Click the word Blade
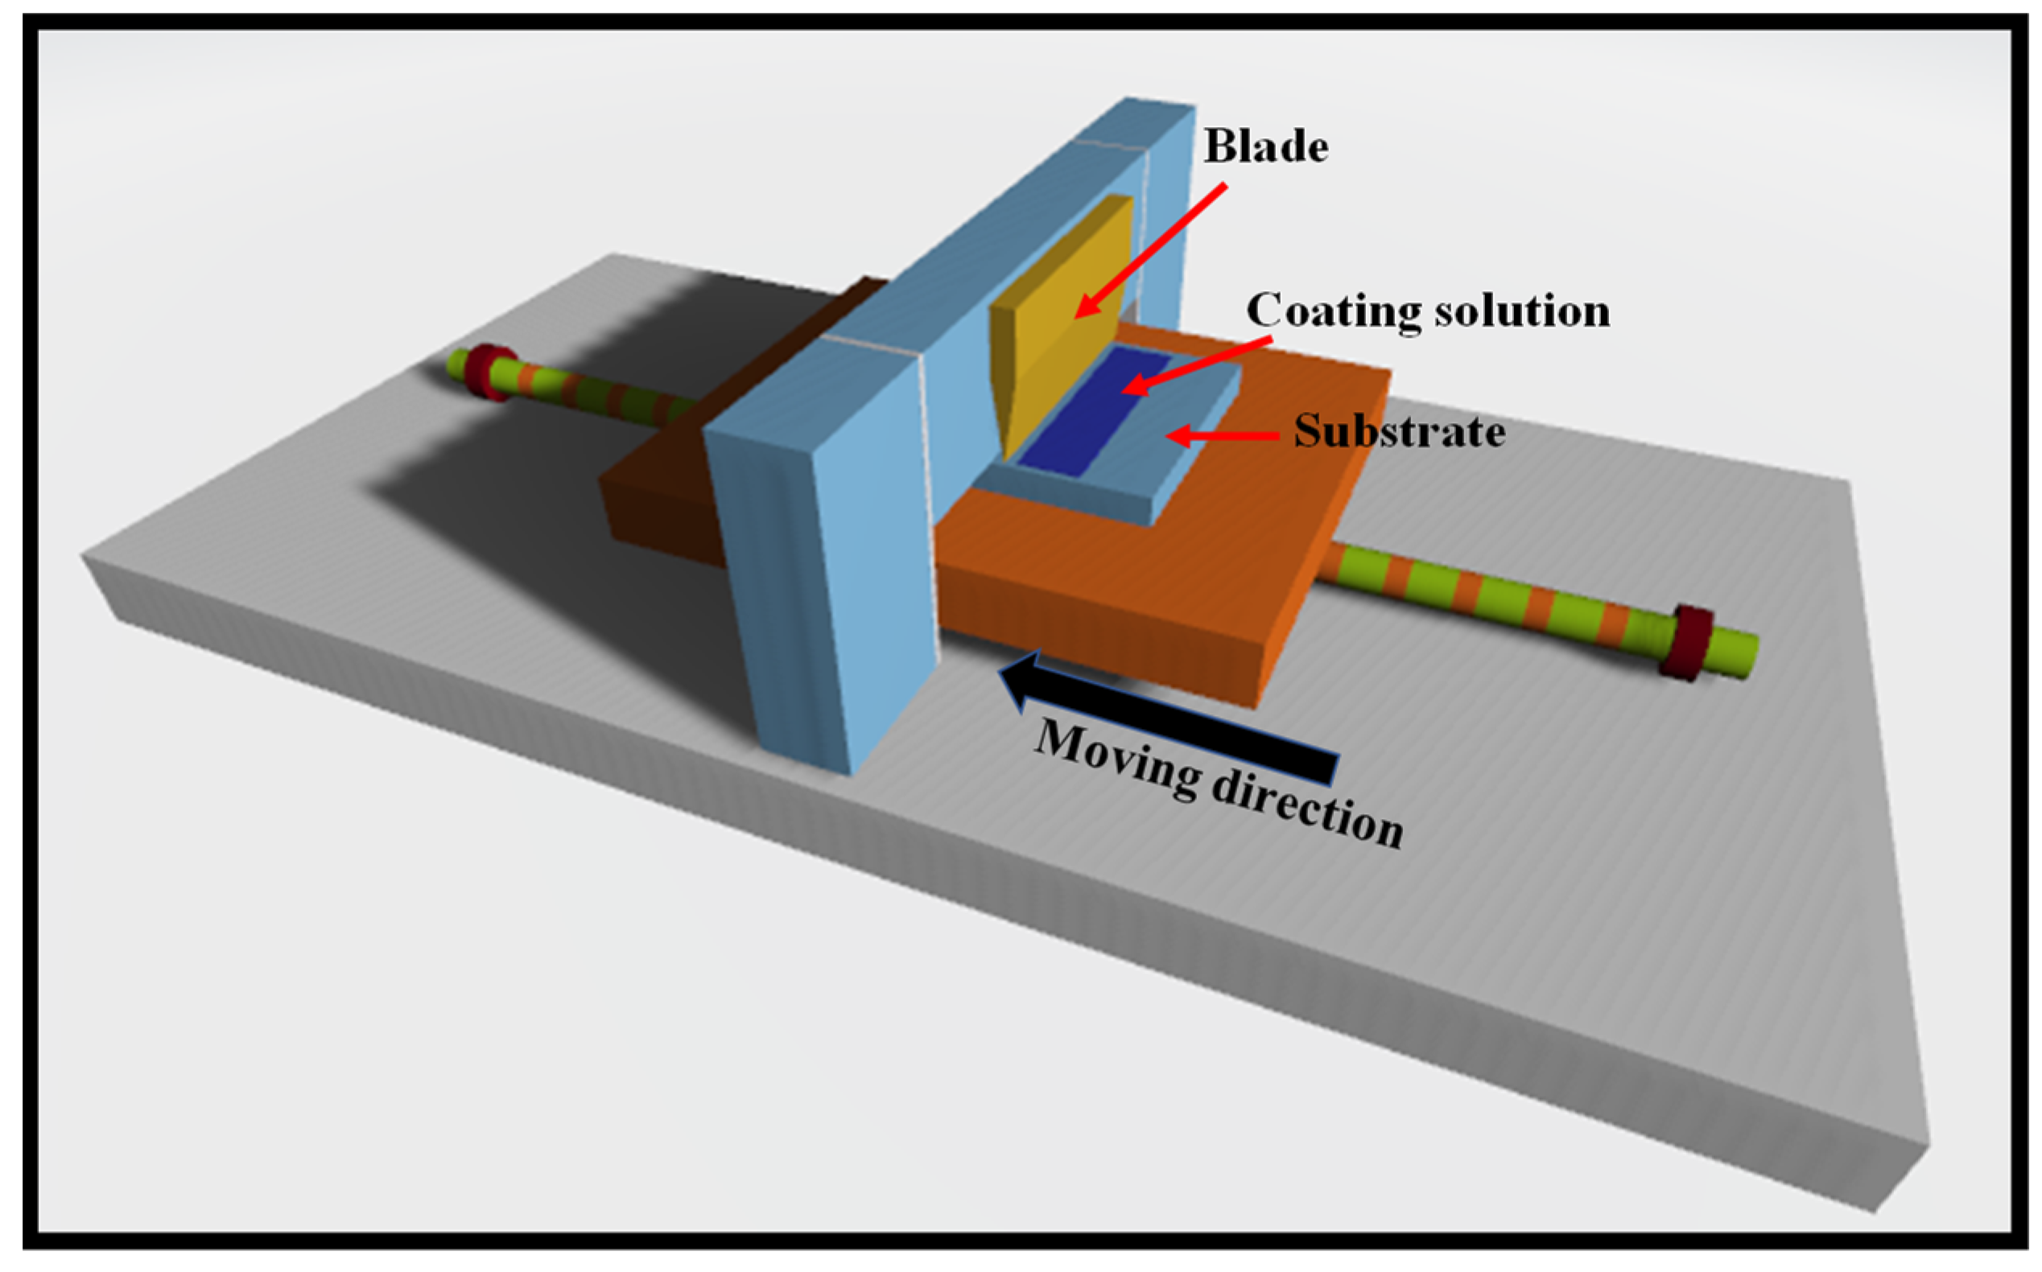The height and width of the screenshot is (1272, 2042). [1265, 147]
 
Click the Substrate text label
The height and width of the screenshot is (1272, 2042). [1399, 432]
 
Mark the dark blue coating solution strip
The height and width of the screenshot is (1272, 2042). [1094, 412]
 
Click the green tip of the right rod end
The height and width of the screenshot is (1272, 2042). [1737, 653]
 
